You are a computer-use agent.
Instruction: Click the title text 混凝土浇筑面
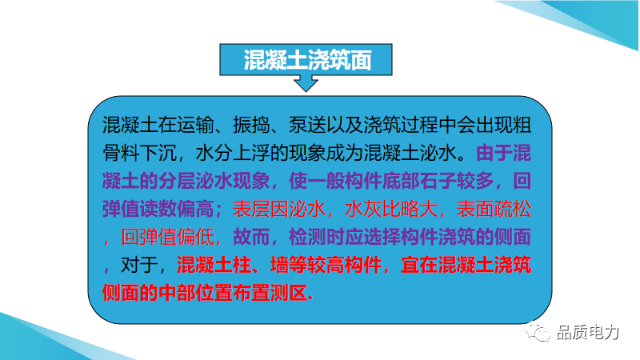click(x=307, y=61)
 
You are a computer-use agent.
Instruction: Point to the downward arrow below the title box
click(x=306, y=83)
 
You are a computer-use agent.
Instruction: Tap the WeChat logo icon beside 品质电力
click(x=538, y=332)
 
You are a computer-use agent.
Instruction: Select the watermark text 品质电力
click(x=588, y=332)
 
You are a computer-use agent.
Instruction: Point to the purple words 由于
click(x=494, y=153)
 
